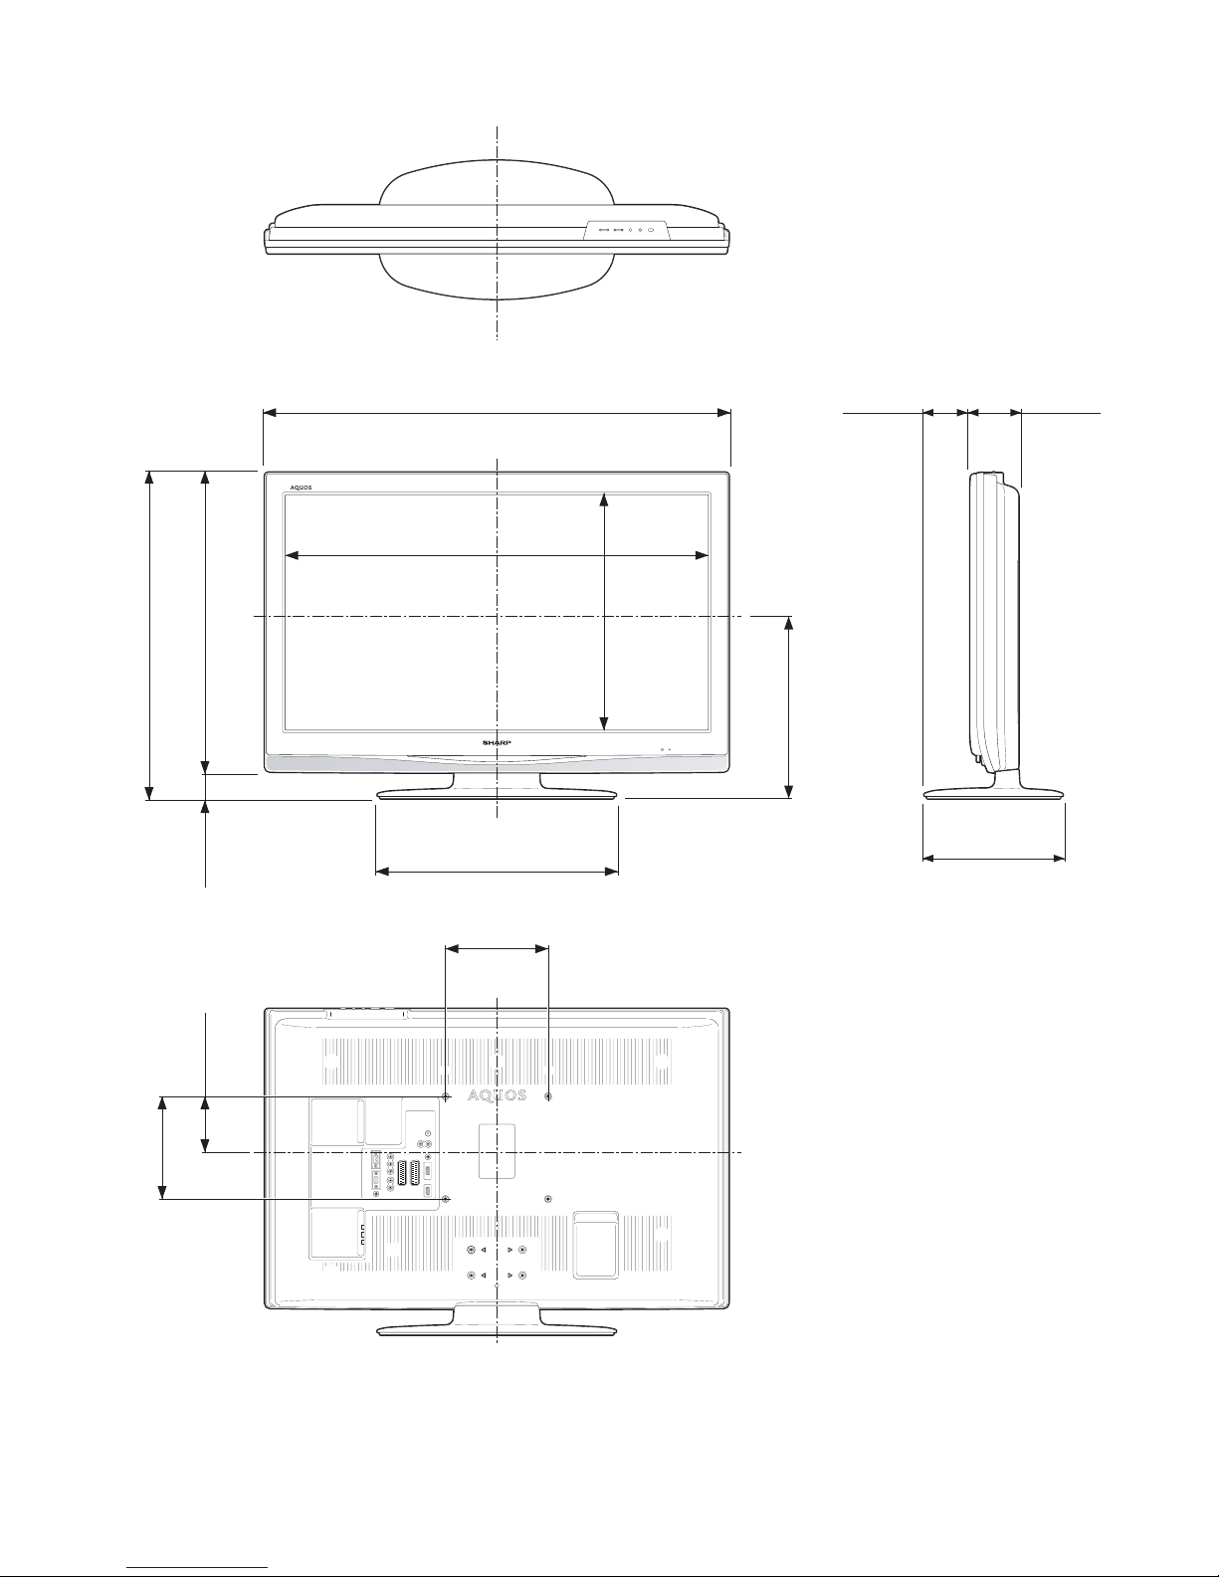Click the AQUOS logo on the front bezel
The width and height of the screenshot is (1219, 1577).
[301, 488]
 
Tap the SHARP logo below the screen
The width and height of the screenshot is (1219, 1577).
[497, 742]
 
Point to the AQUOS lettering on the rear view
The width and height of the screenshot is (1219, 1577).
[497, 1095]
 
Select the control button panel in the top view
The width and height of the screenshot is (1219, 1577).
[626, 229]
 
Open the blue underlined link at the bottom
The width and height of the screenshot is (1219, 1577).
[197, 1568]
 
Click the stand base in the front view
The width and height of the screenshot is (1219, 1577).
[497, 794]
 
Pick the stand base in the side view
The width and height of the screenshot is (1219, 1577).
[994, 794]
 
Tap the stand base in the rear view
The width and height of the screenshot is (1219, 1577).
[497, 1330]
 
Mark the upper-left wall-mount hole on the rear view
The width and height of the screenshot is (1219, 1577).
[446, 1096]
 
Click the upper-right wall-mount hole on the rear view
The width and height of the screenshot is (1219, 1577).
[548, 1096]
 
